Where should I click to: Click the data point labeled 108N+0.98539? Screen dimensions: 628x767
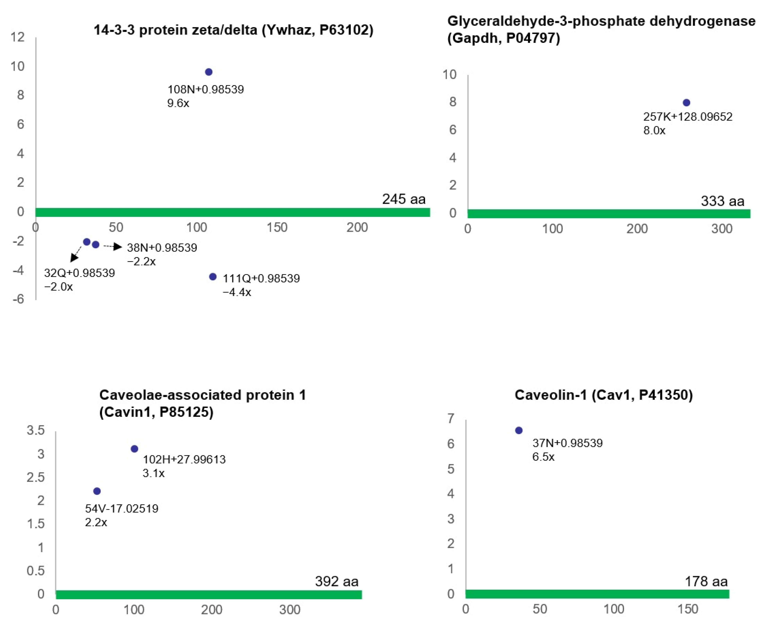[x=208, y=72]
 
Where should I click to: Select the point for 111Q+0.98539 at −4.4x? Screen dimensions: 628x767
[x=213, y=277]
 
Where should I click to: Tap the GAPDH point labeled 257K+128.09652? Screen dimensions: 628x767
[x=686, y=103]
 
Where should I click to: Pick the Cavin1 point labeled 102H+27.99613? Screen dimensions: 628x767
[x=135, y=449]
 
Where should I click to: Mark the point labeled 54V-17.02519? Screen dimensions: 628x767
[x=97, y=491]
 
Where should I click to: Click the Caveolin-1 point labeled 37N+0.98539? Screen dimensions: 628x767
[x=519, y=430]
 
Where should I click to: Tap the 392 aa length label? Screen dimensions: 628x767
[x=337, y=581]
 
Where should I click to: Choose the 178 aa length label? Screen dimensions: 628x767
[x=706, y=581]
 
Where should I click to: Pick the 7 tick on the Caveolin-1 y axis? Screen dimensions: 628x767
[x=450, y=419]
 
